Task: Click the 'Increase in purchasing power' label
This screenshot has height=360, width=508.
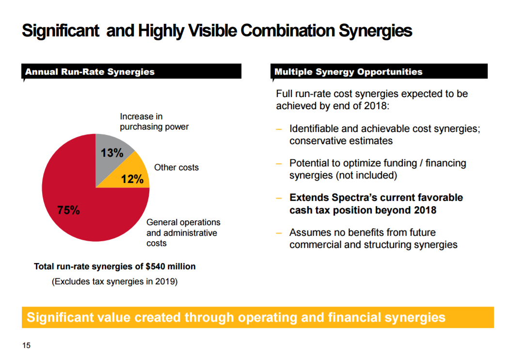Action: (x=154, y=122)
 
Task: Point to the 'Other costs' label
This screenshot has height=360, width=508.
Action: (x=176, y=167)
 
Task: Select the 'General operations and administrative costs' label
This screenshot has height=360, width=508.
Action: (x=183, y=233)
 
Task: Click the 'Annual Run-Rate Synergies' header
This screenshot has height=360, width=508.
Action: (x=90, y=72)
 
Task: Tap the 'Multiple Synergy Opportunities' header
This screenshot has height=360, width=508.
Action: (x=348, y=72)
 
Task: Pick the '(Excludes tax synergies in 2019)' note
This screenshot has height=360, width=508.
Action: (x=114, y=281)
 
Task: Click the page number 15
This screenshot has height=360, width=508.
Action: (x=26, y=345)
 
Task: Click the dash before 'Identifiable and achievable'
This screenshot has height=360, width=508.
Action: (x=279, y=130)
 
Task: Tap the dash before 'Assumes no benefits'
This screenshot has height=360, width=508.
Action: (x=279, y=233)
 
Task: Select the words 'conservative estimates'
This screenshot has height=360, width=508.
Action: (x=341, y=141)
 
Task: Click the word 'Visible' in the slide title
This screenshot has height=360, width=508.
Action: (x=212, y=31)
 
